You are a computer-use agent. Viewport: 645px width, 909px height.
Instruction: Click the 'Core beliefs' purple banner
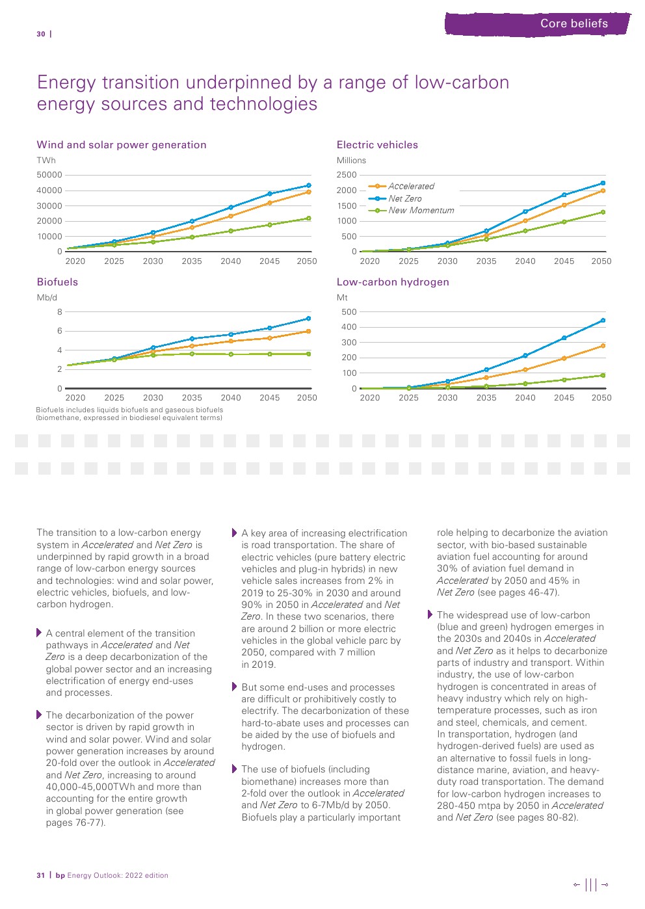click(538, 24)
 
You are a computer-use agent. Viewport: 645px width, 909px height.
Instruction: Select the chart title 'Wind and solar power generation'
click(122, 145)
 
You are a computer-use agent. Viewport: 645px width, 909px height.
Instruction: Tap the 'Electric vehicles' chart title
click(377, 145)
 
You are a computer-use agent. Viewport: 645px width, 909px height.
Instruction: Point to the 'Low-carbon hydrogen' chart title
click(393, 282)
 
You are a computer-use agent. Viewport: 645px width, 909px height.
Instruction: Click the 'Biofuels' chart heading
click(57, 282)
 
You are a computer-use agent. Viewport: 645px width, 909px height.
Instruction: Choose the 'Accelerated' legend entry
click(411, 187)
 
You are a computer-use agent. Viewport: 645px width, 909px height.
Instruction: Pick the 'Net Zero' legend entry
click(404, 199)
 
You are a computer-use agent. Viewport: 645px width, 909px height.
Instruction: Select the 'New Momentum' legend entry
click(421, 211)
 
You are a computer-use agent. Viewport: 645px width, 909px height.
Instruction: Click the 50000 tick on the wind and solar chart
click(49, 175)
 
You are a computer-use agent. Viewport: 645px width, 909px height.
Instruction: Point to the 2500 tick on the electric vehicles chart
click(347, 175)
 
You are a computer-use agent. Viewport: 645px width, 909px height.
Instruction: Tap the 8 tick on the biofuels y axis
click(60, 312)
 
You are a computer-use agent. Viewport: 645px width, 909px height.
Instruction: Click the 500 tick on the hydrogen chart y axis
click(349, 312)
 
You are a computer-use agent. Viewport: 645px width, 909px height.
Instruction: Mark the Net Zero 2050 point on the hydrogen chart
click(603, 321)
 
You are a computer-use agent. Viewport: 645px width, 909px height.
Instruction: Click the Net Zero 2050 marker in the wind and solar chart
click(308, 186)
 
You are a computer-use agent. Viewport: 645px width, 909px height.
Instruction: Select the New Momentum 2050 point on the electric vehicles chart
click(603, 212)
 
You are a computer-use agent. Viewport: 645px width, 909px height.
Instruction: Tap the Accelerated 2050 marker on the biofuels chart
click(308, 332)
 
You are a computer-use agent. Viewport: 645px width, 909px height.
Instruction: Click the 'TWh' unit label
click(46, 161)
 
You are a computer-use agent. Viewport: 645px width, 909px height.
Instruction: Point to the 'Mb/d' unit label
click(47, 298)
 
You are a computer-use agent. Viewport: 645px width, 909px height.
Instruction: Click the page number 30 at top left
click(41, 34)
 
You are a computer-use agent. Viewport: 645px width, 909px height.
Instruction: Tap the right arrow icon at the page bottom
click(605, 884)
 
